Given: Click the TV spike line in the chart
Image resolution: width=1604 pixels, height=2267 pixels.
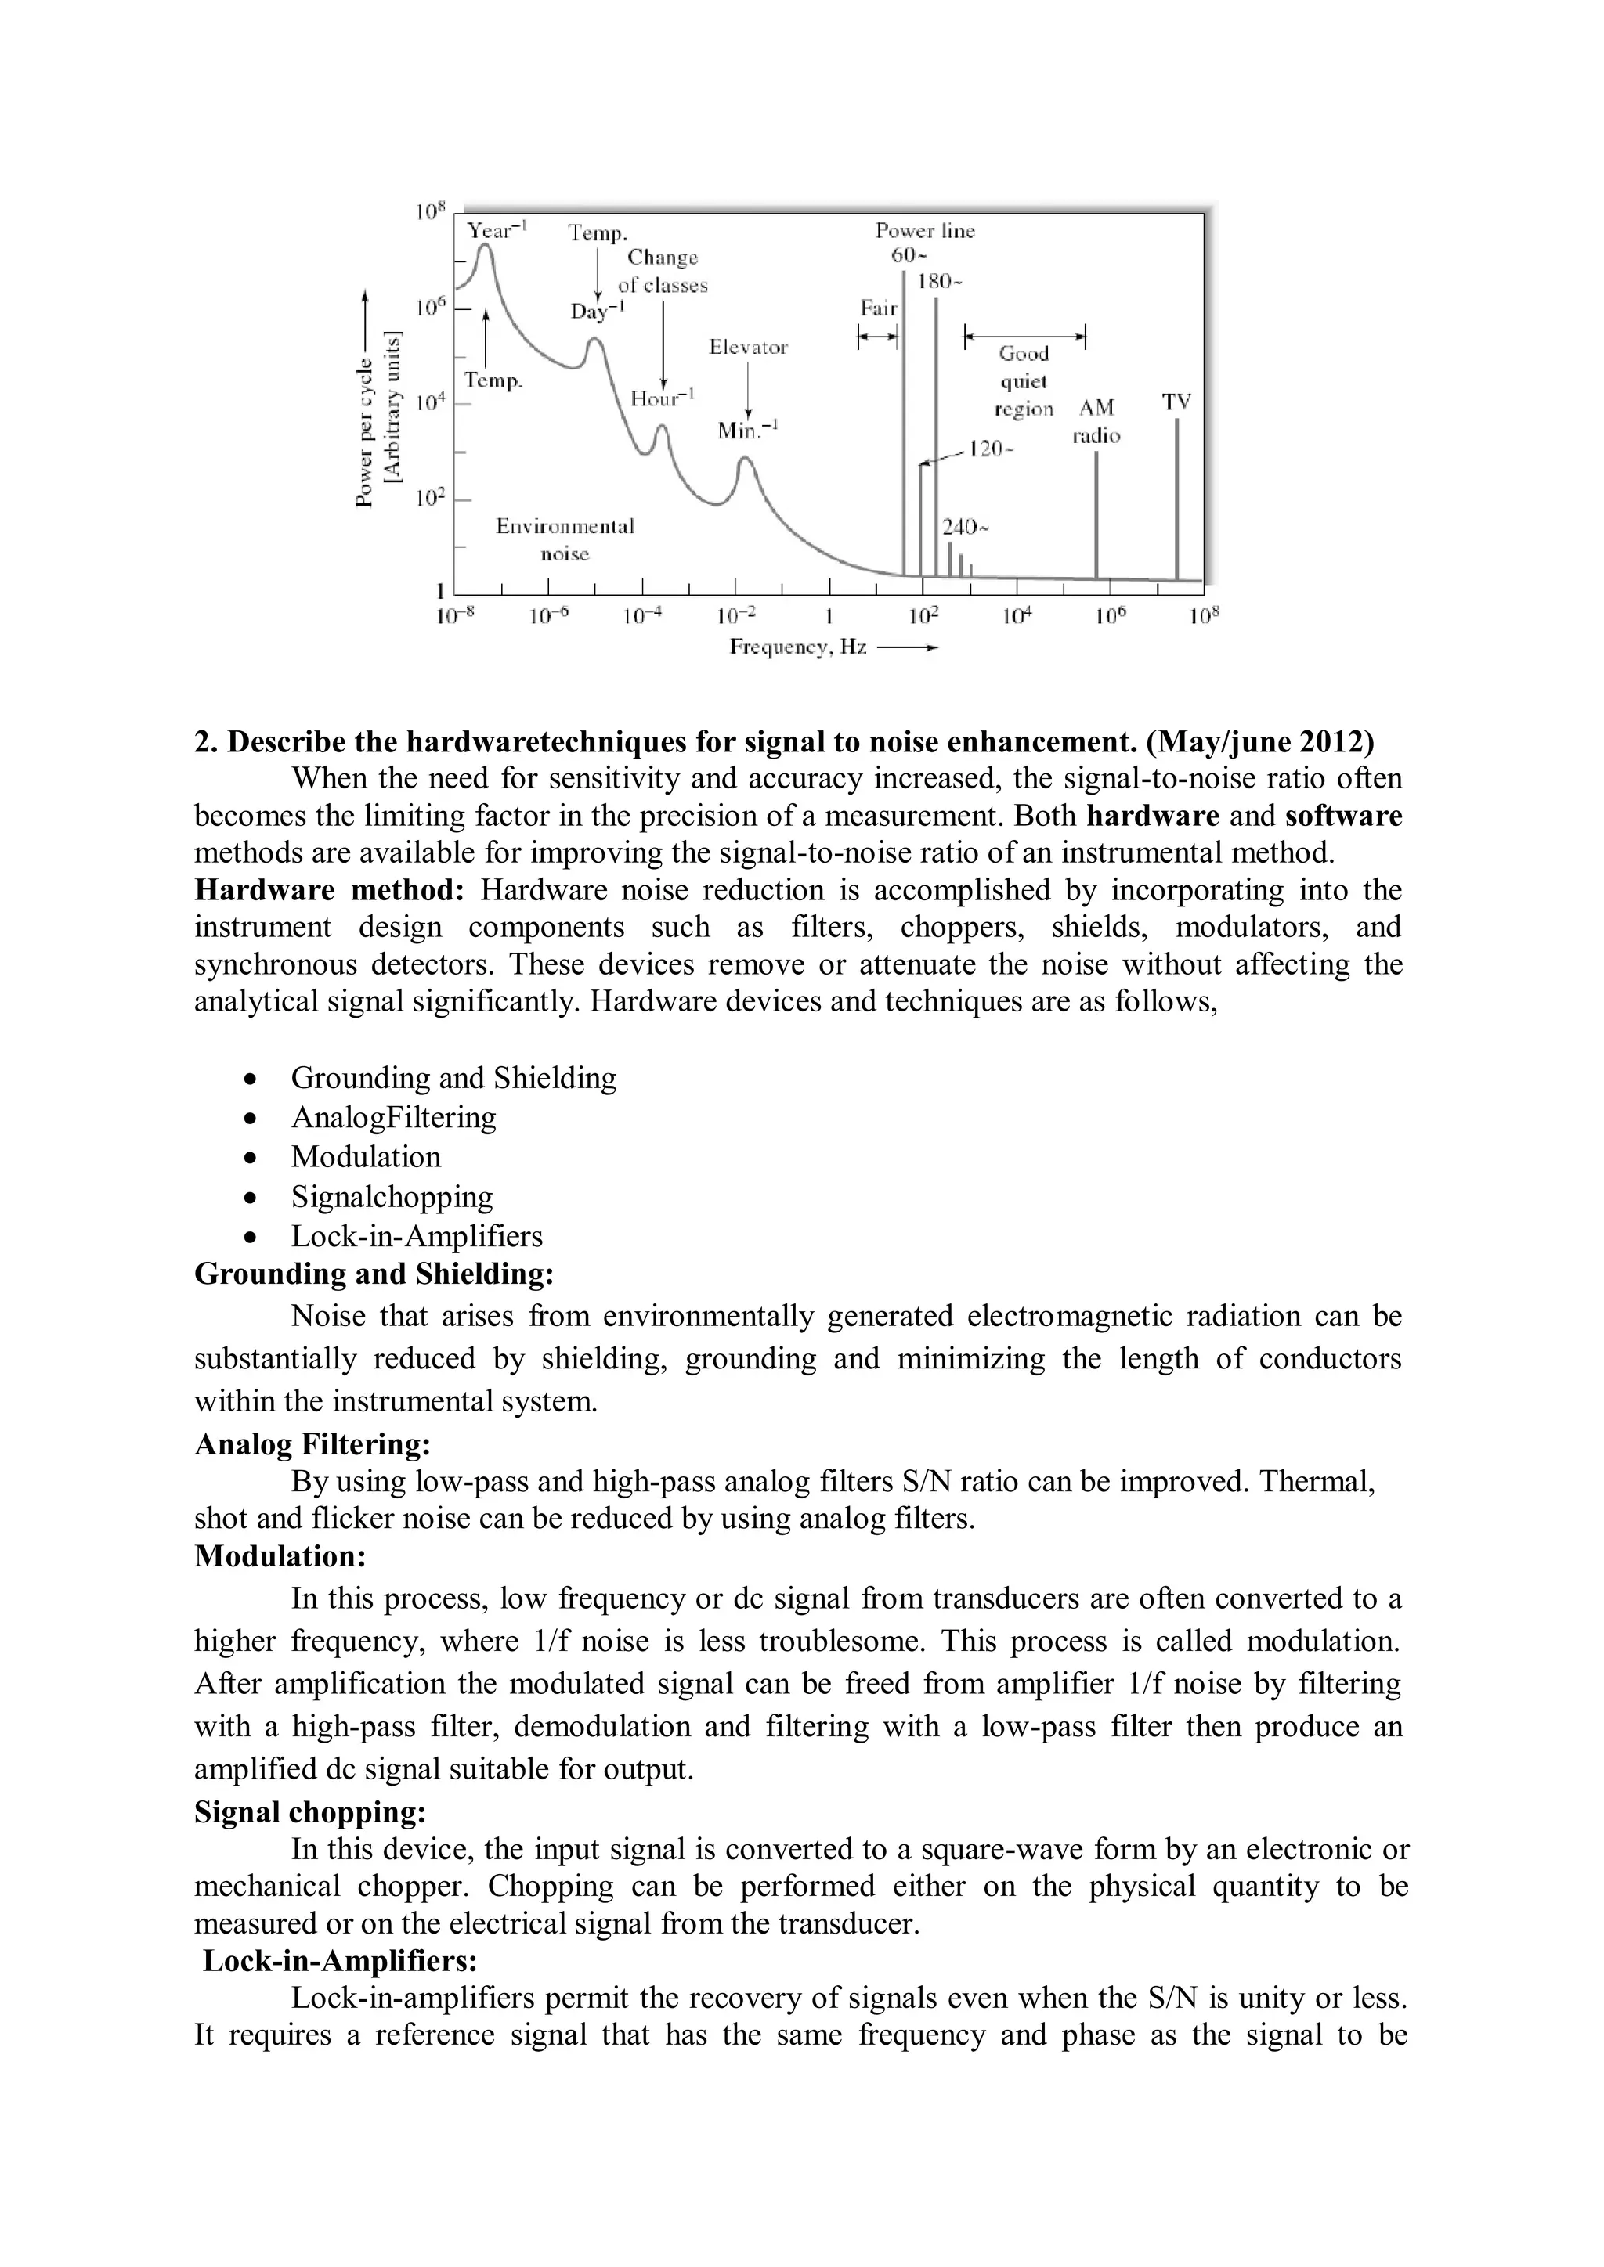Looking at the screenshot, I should [1176, 499].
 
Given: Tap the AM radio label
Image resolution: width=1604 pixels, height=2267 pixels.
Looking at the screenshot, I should [1096, 420].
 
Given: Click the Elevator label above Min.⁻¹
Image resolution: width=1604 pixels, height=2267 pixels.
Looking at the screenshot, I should [748, 348].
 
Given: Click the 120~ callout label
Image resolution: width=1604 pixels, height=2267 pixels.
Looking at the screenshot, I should [991, 449].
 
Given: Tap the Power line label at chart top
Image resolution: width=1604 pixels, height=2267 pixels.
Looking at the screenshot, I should [924, 231].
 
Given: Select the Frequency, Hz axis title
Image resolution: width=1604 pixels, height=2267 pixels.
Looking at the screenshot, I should [798, 647].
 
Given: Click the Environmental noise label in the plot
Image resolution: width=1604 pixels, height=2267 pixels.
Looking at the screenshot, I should [565, 539].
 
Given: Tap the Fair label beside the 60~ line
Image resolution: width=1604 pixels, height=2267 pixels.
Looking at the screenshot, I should [877, 308].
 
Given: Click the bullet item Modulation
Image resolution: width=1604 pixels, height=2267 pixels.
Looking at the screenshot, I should [366, 1156].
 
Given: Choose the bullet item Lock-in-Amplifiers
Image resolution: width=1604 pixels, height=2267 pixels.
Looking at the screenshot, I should [416, 1235].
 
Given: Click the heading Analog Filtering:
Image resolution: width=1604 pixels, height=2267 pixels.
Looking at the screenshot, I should [312, 1444].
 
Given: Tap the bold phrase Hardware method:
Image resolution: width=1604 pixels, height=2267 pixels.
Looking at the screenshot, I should [329, 889].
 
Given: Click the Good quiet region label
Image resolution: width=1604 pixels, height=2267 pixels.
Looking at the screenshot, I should [1024, 381].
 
